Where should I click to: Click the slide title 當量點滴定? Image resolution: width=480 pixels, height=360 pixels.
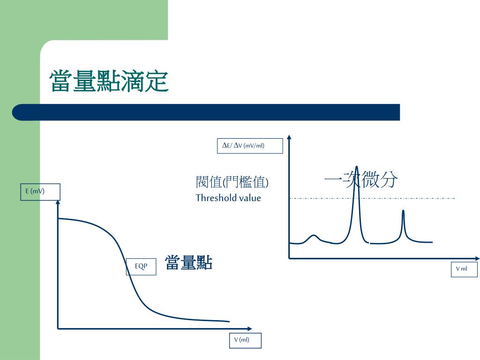[109, 81]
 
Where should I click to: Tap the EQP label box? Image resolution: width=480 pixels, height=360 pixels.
[142, 266]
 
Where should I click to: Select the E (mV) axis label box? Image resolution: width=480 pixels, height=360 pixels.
[40, 191]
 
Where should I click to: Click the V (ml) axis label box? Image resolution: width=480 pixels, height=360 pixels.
[242, 340]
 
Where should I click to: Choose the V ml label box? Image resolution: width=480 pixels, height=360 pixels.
[464, 269]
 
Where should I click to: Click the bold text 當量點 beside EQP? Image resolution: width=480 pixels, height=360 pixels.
[188, 263]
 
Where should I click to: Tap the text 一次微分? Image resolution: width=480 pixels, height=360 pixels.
[361, 180]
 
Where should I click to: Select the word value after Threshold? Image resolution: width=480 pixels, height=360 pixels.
[250, 198]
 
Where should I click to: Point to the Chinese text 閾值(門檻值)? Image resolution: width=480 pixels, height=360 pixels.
[232, 182]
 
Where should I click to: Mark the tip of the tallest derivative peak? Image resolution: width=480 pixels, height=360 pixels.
[357, 167]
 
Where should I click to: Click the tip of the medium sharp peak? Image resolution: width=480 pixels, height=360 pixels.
[403, 211]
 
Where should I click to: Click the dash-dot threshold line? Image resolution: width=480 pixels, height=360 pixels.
[422, 198]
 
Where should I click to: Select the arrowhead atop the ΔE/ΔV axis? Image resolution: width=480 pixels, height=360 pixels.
[289, 138]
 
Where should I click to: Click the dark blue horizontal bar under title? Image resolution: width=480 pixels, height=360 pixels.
[206, 112]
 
